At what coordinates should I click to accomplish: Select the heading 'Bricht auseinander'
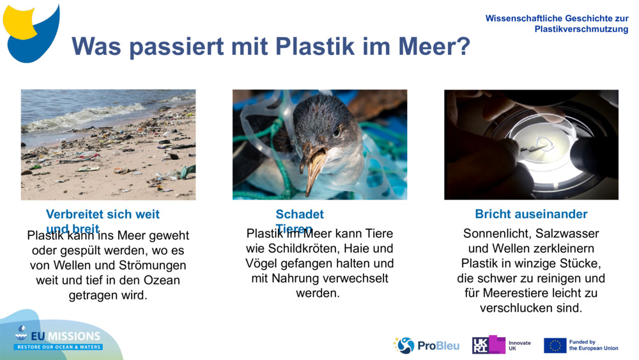coord(531,214)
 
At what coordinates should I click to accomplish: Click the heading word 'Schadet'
coord(300,214)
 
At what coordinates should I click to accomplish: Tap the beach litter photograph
coord(108,145)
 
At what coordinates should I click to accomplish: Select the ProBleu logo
coord(426,345)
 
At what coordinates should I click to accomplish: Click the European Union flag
coord(555,345)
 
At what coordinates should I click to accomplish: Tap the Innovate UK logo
coord(501,345)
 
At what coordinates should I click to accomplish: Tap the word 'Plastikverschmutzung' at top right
coord(581,29)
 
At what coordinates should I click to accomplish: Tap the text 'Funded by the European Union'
coord(593,345)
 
